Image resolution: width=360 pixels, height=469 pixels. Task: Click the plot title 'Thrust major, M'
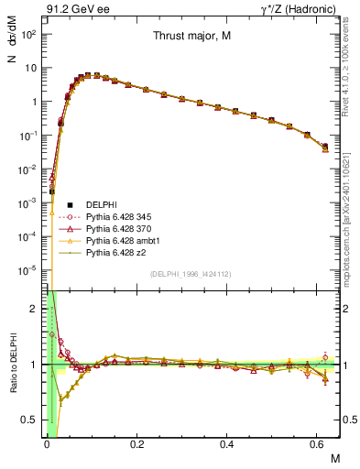pos(191,37)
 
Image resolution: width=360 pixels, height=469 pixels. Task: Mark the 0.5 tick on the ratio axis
pos(32,420)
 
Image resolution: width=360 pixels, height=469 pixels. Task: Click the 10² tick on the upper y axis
pos(30,34)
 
